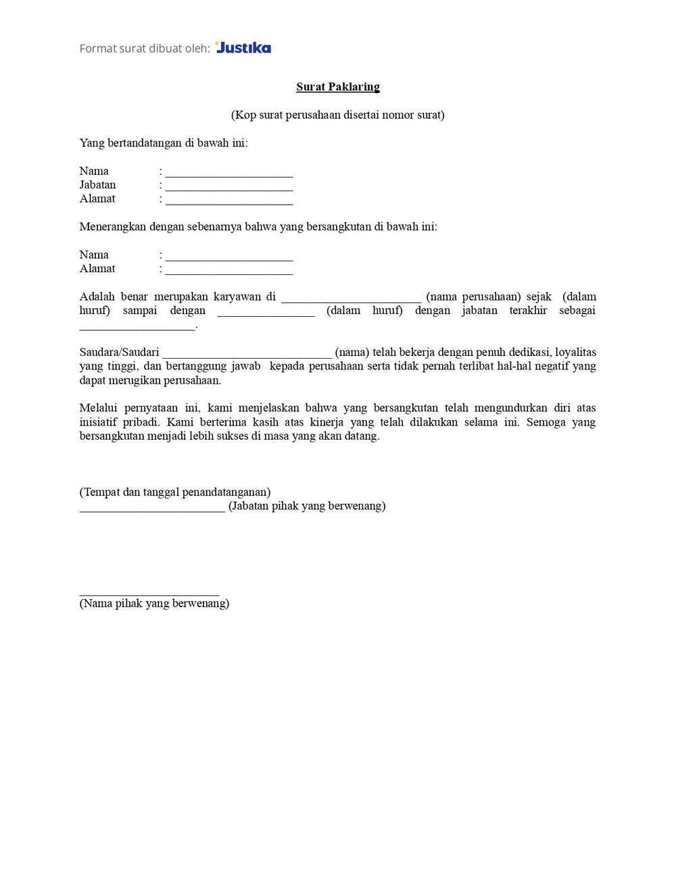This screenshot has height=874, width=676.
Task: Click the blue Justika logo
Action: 243,48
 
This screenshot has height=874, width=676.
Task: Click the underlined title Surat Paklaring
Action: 338,86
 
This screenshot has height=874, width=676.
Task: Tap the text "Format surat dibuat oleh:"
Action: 145,49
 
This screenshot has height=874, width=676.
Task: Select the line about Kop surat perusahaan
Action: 338,115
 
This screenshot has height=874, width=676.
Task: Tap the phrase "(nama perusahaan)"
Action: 473,297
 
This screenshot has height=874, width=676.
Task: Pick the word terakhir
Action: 528,311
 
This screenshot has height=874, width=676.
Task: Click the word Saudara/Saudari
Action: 119,352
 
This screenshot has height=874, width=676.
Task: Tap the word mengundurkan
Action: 511,408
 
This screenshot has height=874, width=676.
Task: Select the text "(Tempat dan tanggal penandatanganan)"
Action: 175,492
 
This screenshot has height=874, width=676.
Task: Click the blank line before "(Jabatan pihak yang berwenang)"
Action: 152,509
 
